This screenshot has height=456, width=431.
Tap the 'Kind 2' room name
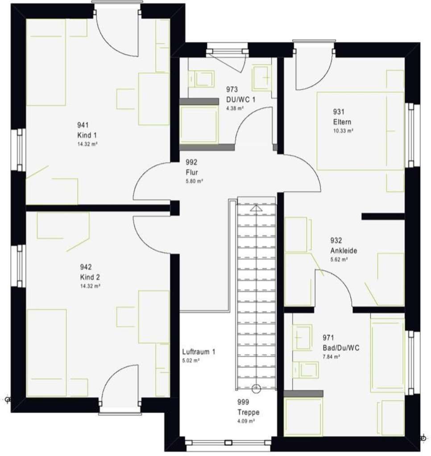pyautogui.click(x=87, y=277)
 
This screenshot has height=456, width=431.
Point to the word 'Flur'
pyautogui.click(x=192, y=172)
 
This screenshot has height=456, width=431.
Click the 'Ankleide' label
pyautogui.click(x=344, y=251)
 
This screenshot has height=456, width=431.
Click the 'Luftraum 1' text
pyautogui.click(x=199, y=352)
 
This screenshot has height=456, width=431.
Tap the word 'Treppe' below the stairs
pyautogui.click(x=248, y=412)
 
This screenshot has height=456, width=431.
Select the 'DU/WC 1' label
pyautogui.click(x=240, y=99)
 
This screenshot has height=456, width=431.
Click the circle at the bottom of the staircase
pyautogui.click(x=256, y=389)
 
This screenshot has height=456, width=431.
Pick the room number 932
pyautogui.click(x=336, y=241)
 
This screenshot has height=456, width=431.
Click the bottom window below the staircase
pyautogui.click(x=228, y=443)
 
